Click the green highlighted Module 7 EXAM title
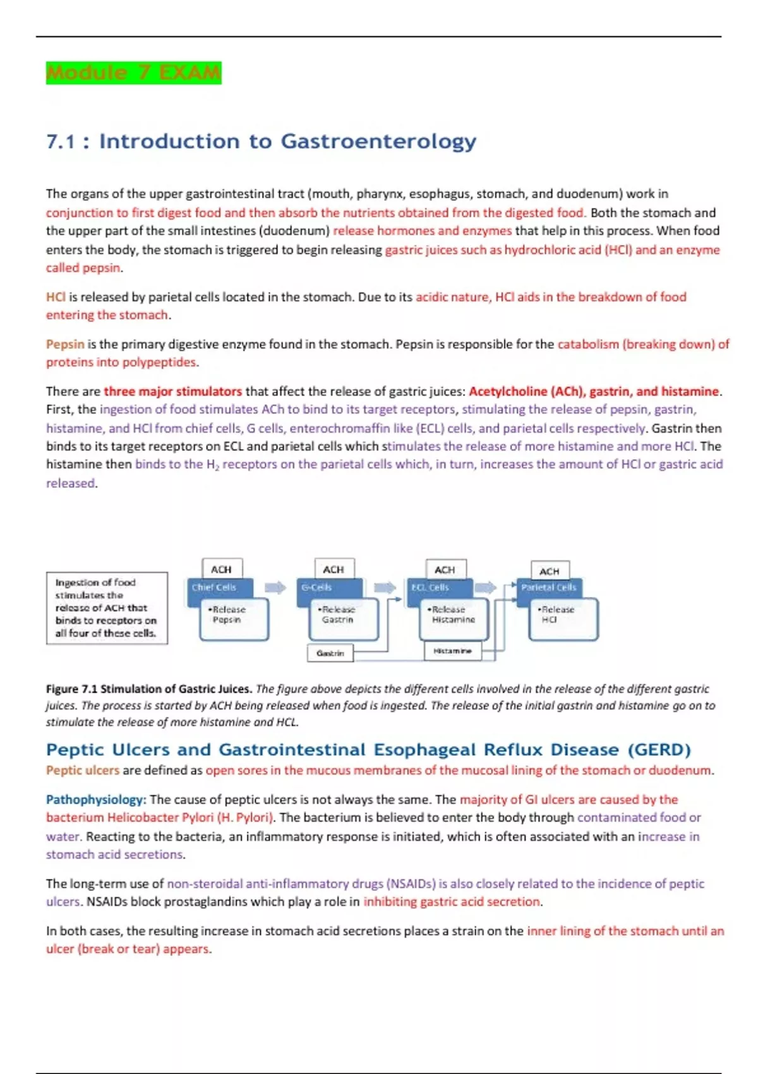pyautogui.click(x=133, y=73)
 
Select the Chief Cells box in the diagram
pyautogui.click(x=215, y=588)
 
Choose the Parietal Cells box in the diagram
pyautogui.click(x=548, y=588)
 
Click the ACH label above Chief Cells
pyautogui.click(x=221, y=569)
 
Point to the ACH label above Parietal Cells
pyautogui.click(x=550, y=571)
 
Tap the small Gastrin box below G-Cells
pyautogui.click(x=330, y=653)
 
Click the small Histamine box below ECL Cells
pyautogui.click(x=452, y=651)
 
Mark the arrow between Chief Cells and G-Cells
pyautogui.click(x=275, y=588)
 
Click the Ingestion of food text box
pyautogui.click(x=107, y=608)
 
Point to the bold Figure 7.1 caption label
pyautogui.click(x=148, y=689)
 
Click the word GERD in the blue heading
pyautogui.click(x=659, y=750)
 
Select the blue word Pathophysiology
pyautogui.click(x=95, y=799)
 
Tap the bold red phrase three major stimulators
pyautogui.click(x=172, y=391)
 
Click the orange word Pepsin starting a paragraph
pyautogui.click(x=64, y=344)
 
